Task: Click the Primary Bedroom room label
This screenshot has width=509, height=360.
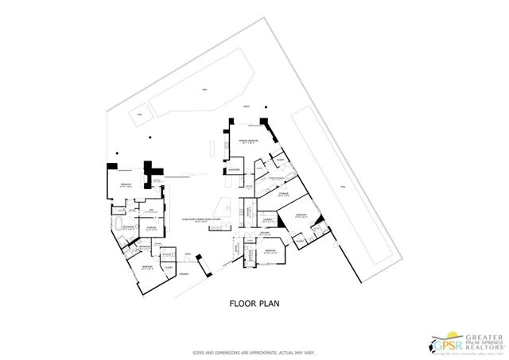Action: [x=249, y=140]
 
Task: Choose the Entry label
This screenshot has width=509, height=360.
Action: [x=188, y=254]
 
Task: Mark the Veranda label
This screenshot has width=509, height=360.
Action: [x=183, y=273]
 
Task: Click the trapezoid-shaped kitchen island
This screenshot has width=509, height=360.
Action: [x=227, y=203]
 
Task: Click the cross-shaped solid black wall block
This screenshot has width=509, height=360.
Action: [x=150, y=171]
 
